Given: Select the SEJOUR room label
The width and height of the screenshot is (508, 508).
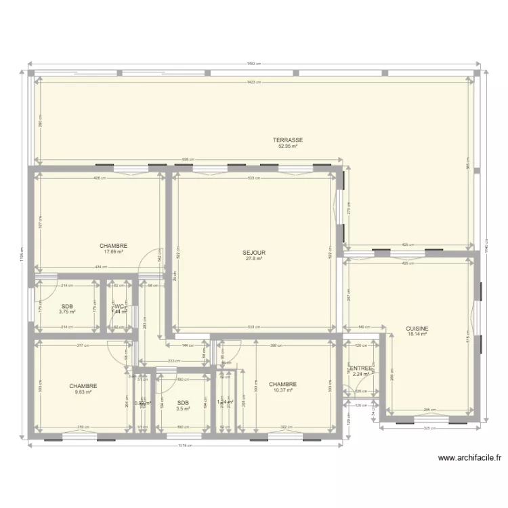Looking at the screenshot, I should click(x=254, y=253).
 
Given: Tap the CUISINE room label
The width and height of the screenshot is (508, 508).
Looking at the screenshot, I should click(x=417, y=328).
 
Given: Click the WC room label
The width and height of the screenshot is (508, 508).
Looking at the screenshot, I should click(x=119, y=306).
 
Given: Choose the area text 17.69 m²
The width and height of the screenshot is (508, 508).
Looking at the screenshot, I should click(x=113, y=252).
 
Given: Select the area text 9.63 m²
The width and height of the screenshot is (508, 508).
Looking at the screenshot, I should click(x=83, y=392).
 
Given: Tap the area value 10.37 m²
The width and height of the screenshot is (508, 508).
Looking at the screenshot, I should click(x=282, y=390).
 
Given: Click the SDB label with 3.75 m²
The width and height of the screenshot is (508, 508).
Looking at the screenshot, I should click(x=66, y=306).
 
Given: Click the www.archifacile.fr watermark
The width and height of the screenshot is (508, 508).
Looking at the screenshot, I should click(x=469, y=458).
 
